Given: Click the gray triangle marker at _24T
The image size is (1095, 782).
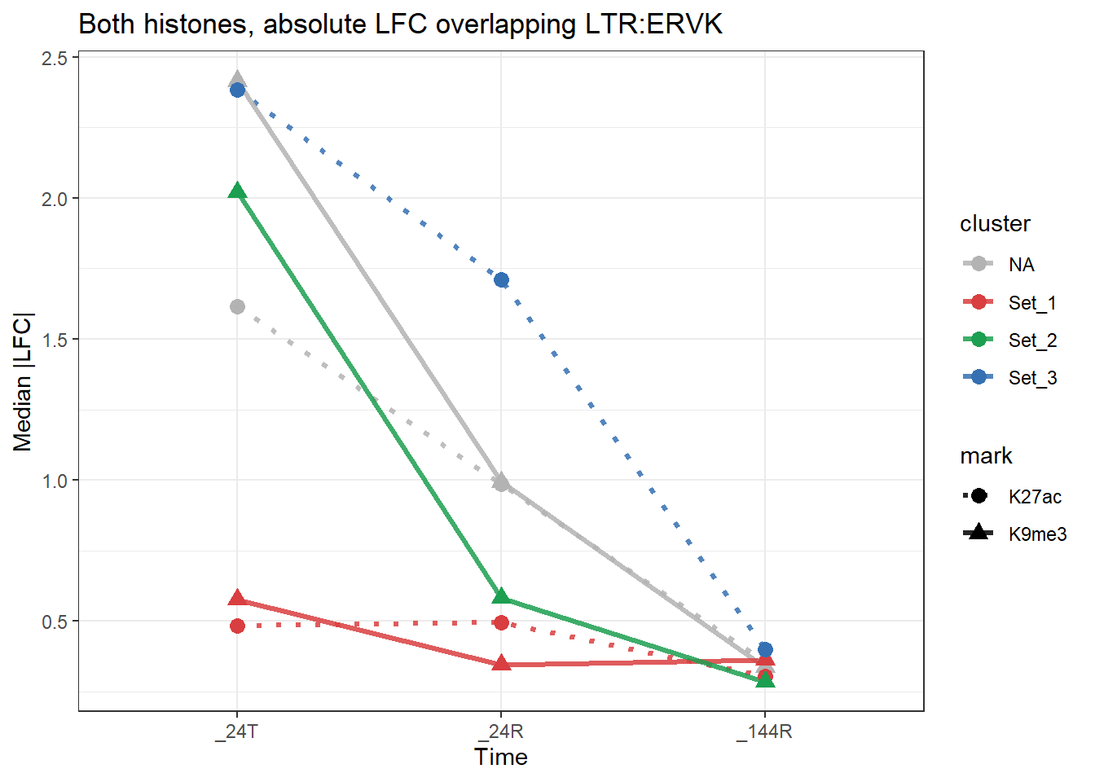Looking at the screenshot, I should (x=237, y=80).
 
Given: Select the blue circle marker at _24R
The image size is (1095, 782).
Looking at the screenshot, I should (x=501, y=280).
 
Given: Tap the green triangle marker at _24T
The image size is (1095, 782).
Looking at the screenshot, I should (x=237, y=191).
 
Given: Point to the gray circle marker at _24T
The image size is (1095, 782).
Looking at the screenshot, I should (x=237, y=307).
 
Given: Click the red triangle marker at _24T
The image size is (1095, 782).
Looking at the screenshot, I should (x=237, y=599).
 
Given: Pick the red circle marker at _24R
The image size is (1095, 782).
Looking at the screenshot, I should (x=501, y=623).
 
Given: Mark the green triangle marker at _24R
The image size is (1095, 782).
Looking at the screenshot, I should (x=501, y=597).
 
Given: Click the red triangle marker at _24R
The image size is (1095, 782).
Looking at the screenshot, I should (x=501, y=664).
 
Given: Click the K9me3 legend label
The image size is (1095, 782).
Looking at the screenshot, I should (x=1037, y=534).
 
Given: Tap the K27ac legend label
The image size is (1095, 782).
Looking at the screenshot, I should (x=1035, y=497).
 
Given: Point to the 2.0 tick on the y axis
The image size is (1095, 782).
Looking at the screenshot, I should (x=55, y=199).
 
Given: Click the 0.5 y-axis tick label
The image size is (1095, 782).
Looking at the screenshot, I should (x=55, y=622).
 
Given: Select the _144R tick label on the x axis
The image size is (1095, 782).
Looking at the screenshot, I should (x=764, y=731).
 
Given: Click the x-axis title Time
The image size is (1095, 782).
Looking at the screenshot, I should (x=501, y=758).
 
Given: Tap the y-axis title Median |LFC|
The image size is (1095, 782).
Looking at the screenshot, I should (x=23, y=381).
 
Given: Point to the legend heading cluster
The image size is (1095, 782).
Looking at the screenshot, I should (x=995, y=224).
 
